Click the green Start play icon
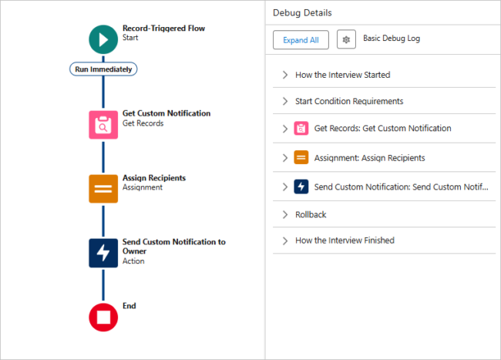[103, 39]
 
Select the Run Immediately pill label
[103, 69]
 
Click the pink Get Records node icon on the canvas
[103, 123]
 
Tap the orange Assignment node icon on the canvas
[103, 188]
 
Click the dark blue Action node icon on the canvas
[103, 253]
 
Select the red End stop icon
[103, 317]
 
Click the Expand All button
[301, 40]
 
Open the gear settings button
[346, 40]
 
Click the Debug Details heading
[302, 13]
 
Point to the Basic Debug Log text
[392, 39]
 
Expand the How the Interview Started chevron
[284, 75]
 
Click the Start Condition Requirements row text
[348, 101]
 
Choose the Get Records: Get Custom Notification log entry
[382, 128]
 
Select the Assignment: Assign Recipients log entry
[369, 158]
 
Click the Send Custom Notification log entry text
[401, 187]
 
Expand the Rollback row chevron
[284, 215]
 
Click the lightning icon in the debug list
[301, 187]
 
